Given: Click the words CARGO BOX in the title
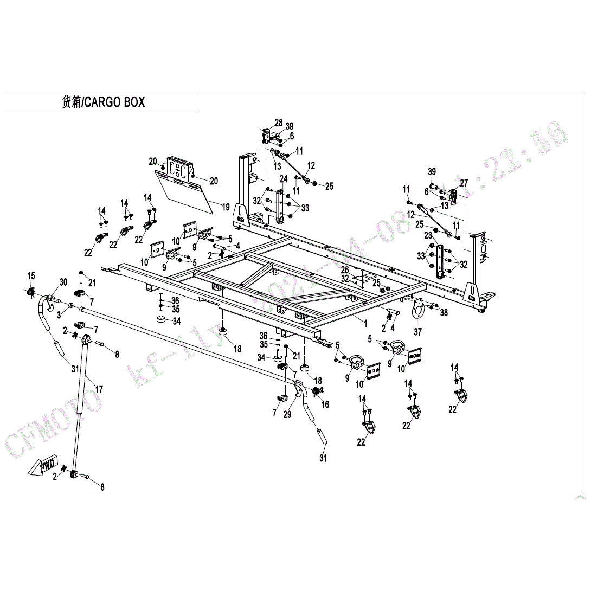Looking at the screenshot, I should point(115,102).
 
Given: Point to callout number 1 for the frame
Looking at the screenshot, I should point(365,323).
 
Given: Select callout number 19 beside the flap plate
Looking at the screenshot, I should point(226,207).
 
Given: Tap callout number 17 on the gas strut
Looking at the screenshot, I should point(99,389).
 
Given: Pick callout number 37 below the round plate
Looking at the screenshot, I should point(417,332).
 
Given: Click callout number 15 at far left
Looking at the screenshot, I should point(31,275).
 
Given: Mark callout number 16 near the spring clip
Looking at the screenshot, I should point(325,404).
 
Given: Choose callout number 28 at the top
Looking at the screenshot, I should point(278,123).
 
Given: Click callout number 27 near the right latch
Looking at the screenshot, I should point(464,183).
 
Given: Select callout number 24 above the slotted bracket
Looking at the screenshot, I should point(283,179).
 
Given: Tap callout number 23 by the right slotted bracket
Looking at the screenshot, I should point(428,235).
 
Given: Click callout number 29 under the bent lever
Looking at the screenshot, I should point(287,415).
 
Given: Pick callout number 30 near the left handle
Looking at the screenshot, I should point(63,282).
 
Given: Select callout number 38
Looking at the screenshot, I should point(444,312).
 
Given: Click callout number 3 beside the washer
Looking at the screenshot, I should point(59,313).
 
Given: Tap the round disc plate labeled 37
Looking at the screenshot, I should point(418,310).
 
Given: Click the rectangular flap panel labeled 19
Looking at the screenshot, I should point(187,190).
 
